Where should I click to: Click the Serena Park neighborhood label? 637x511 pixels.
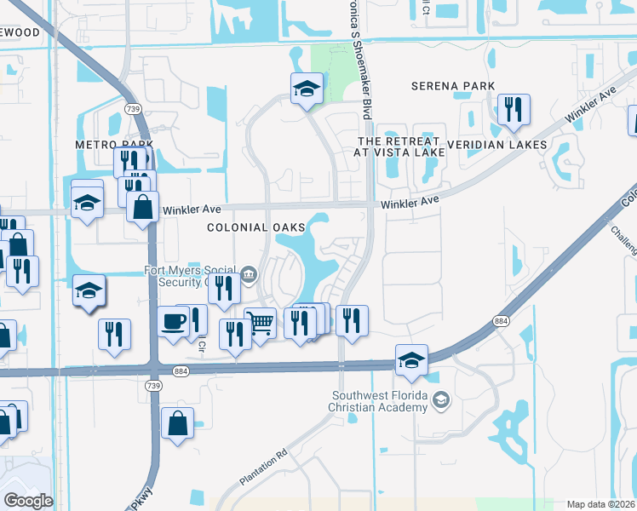452,86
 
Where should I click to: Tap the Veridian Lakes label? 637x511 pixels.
496,145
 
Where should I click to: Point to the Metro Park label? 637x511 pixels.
106,145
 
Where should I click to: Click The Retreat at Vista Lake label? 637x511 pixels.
399,146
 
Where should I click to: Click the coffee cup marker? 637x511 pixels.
175,322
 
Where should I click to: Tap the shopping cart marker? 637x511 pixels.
261,323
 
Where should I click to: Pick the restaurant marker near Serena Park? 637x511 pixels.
513,109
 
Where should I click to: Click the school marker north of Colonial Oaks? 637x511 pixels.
306,88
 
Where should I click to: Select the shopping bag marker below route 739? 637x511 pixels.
177,422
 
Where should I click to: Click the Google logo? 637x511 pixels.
27,501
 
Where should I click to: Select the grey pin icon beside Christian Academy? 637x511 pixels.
441,400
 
